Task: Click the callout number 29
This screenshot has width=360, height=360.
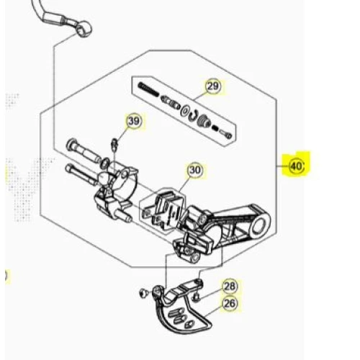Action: pyautogui.click(x=213, y=86)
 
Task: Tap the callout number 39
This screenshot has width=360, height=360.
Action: pyautogui.click(x=134, y=121)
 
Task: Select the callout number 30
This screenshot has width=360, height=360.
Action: pyautogui.click(x=195, y=170)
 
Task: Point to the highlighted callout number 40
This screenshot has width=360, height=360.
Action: pyautogui.click(x=297, y=166)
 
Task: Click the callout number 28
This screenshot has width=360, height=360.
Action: pyautogui.click(x=230, y=286)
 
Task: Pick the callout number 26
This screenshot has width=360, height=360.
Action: pyautogui.click(x=230, y=304)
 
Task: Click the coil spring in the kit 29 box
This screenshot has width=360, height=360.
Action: pyautogui.click(x=148, y=89)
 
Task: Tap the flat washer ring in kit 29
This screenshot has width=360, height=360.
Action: pyautogui.click(x=185, y=109)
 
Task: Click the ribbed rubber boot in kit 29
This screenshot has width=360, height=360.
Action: pyautogui.click(x=204, y=121)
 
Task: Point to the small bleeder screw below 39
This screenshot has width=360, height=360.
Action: pyautogui.click(x=114, y=145)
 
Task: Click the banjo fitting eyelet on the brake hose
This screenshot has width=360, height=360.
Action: pyautogui.click(x=85, y=28)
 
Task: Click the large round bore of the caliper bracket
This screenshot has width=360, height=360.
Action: pyautogui.click(x=258, y=224)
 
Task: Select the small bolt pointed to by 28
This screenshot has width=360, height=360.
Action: pyautogui.click(x=196, y=297)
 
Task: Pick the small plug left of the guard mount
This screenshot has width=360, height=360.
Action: pyautogui.click(x=143, y=293)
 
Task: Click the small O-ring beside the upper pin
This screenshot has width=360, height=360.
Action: pyautogui.click(x=105, y=163)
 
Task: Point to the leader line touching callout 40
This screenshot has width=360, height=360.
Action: pyautogui.click(x=283, y=166)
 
